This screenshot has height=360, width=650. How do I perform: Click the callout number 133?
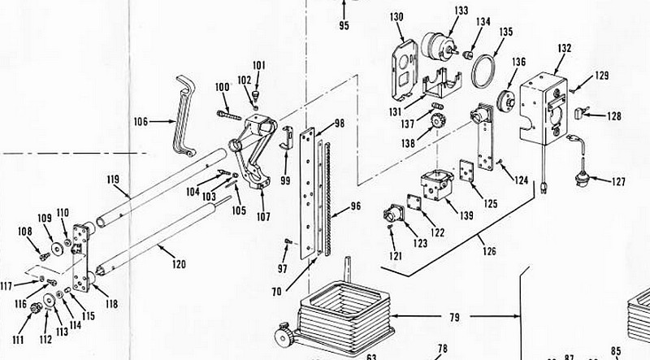pyautogui.click(x=461, y=11)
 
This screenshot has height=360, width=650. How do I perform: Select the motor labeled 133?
pyautogui.click(x=438, y=46)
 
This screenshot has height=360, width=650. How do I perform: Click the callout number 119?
pyautogui.click(x=113, y=180)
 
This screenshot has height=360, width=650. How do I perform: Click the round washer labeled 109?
pyautogui.click(x=55, y=248)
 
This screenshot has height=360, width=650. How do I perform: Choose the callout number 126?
pyautogui.click(x=489, y=251)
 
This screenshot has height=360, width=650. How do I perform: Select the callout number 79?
pyautogui.click(x=454, y=317)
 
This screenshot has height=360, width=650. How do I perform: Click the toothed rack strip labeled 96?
pyautogui.click(x=328, y=198)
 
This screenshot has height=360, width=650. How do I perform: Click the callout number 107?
pyautogui.click(x=263, y=216)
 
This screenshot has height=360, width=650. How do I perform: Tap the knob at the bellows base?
pyautogui.click(x=284, y=333)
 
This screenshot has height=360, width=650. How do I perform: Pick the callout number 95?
pyautogui.click(x=344, y=25)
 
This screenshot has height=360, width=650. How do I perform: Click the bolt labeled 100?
pyautogui.click(x=228, y=115)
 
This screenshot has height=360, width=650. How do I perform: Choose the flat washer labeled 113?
pyautogui.click(x=50, y=300)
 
